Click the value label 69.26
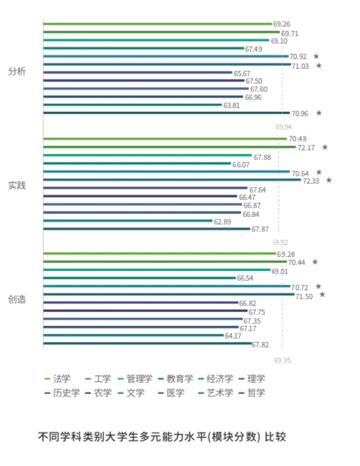(281, 24)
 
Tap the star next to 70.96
(319, 113)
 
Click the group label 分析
(16, 71)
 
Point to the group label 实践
(16, 185)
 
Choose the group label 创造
(16, 299)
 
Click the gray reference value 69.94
(283, 127)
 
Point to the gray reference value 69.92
(281, 242)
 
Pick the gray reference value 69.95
(282, 360)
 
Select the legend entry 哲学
(252, 393)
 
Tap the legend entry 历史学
(67, 393)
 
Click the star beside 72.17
(324, 147)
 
